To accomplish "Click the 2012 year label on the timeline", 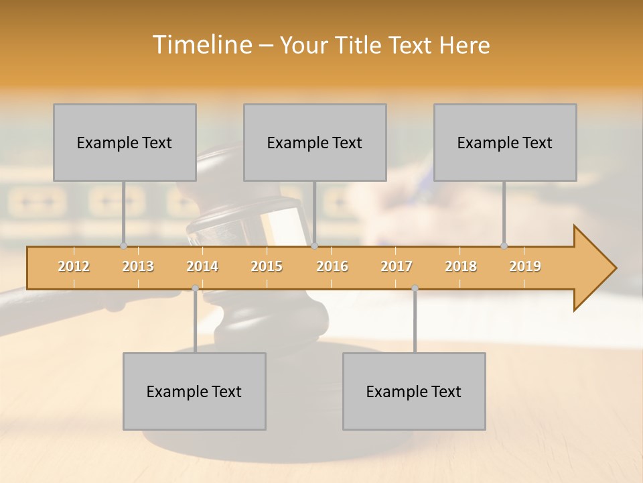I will [x=74, y=266].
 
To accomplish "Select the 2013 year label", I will [x=138, y=266].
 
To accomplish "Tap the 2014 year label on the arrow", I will [x=202, y=266].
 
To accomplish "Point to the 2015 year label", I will [x=267, y=266].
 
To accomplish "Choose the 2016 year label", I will [x=332, y=266].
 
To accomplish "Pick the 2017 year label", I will [x=397, y=266].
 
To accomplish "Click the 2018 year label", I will [x=461, y=266].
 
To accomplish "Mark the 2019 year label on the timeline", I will [x=525, y=266].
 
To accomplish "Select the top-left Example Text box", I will [x=125, y=142].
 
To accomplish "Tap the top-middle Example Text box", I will [x=315, y=142].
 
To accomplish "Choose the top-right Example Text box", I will [x=505, y=142].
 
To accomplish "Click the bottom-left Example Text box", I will [x=194, y=391].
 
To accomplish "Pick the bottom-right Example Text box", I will [x=414, y=391].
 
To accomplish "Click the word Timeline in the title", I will [x=201, y=45].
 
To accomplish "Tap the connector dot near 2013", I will [x=123, y=246].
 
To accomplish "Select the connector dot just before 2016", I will [x=314, y=246].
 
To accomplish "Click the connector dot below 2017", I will [x=415, y=288].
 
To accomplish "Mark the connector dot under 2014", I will [x=195, y=288].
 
